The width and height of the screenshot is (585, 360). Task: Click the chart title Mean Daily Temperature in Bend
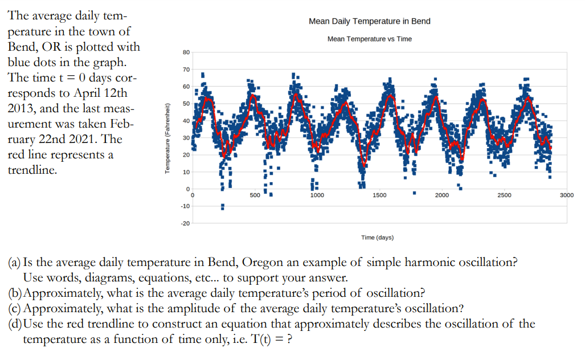[x=369, y=21]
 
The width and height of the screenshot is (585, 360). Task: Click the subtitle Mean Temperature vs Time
[x=369, y=39]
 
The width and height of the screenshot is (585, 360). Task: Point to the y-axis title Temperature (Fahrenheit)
[x=167, y=140]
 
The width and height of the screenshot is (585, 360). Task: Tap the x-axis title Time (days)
[x=377, y=237]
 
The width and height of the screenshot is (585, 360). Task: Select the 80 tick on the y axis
[x=186, y=52]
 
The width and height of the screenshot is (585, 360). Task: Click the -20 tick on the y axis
[x=185, y=223]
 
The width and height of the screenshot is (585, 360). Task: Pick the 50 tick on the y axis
[x=186, y=104]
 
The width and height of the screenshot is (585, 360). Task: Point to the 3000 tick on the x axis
[x=566, y=195]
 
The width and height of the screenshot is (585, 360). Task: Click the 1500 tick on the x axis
[x=379, y=195]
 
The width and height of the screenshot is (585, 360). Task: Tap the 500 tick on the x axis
[x=255, y=195]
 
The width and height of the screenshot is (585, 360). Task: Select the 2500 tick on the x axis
[x=504, y=195]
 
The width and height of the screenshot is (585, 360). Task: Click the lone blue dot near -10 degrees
[x=222, y=206]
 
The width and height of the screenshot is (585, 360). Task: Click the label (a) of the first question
[x=14, y=263]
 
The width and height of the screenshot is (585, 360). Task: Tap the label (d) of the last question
[x=14, y=324]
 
